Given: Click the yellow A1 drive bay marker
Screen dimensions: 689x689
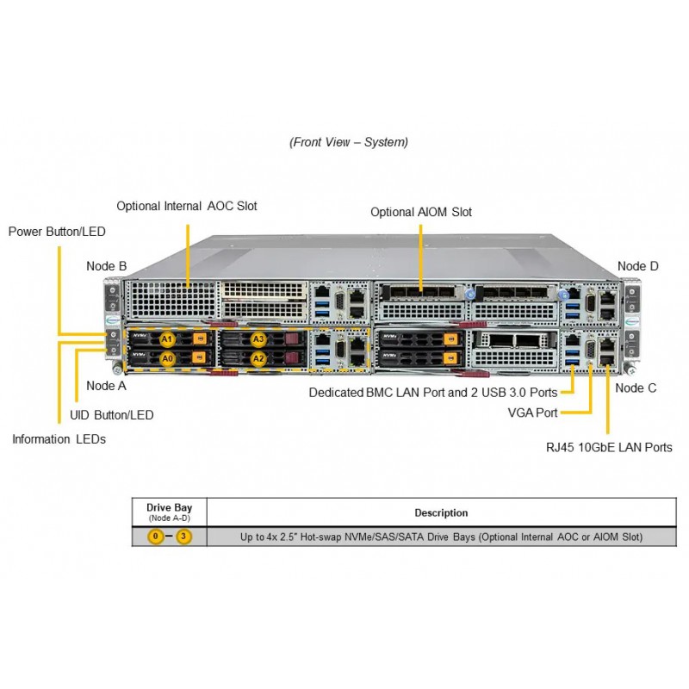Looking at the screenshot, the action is (x=167, y=339).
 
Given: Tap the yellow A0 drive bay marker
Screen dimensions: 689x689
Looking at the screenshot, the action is (x=167, y=358).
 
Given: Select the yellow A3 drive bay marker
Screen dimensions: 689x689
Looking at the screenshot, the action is (x=258, y=339).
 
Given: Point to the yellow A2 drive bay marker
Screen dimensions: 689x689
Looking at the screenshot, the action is (x=258, y=358).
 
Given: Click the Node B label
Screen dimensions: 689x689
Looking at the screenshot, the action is (x=106, y=266).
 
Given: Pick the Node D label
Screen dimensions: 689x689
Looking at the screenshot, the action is (x=637, y=266).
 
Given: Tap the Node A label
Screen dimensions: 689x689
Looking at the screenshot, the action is (x=106, y=386).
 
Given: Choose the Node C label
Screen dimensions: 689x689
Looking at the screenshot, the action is (x=636, y=388).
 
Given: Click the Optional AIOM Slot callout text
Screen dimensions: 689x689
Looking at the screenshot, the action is (x=421, y=212).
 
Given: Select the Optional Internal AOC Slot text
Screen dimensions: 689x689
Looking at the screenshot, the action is (x=187, y=206).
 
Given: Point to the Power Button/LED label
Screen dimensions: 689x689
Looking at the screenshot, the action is (x=57, y=232).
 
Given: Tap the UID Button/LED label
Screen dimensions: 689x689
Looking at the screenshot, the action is (x=112, y=415).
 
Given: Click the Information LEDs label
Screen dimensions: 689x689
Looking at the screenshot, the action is (x=59, y=439).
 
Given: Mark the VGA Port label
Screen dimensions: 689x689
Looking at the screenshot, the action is (x=532, y=413).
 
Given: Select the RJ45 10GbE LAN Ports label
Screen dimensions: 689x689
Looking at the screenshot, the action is (x=609, y=448).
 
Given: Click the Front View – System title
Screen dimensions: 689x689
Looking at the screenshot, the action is (x=349, y=142).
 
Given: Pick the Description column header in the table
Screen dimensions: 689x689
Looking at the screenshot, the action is (x=441, y=512).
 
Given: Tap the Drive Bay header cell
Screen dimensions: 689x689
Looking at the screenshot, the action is (x=169, y=512).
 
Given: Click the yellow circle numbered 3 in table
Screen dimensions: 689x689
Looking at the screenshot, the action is (x=183, y=537).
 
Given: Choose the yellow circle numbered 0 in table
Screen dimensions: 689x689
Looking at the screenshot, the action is (x=156, y=537).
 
